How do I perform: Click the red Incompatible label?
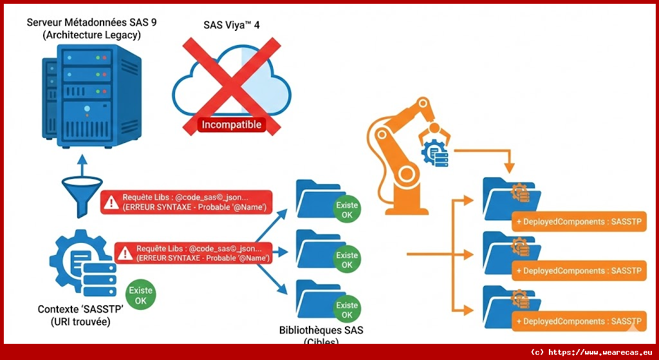[x=232, y=124]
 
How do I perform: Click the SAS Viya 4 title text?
[x=231, y=25]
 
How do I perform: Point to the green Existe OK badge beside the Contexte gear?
[x=141, y=295]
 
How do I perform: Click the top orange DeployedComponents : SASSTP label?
[x=577, y=222]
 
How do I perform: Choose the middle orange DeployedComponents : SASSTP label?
[x=577, y=271]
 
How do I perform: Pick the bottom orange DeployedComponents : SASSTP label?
[x=577, y=321]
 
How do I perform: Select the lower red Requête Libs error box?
[x=192, y=252]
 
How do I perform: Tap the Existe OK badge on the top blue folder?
[x=347, y=210]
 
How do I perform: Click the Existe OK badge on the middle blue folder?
[x=347, y=260]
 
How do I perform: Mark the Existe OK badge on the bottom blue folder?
[x=347, y=310]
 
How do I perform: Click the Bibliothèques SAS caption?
[x=321, y=330]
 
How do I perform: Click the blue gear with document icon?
[x=80, y=260]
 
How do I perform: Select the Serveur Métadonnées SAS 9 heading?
[x=91, y=28]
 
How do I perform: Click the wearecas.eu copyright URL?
[x=591, y=352]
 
